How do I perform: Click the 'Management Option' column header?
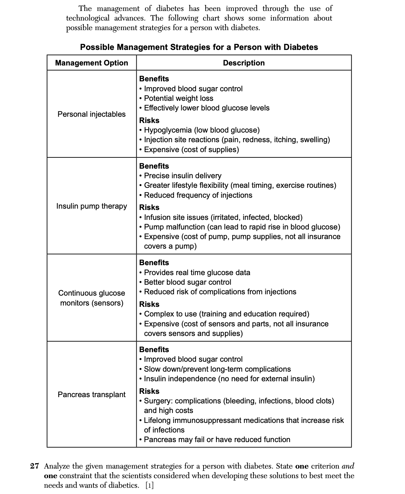(x=91, y=63)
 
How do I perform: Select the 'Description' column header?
(x=244, y=63)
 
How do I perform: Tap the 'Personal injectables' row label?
(x=91, y=114)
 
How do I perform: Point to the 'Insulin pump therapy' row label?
(x=91, y=206)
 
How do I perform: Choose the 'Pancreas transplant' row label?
(x=91, y=394)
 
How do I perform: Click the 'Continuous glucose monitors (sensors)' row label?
(x=91, y=298)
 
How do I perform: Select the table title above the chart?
(x=199, y=47)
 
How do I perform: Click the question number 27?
(x=35, y=466)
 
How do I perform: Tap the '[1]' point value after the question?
(x=150, y=485)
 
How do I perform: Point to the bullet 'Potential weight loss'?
(x=178, y=98)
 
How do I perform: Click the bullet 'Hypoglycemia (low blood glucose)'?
(x=202, y=130)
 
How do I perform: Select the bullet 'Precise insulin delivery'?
(x=182, y=176)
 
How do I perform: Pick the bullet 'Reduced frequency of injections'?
(x=198, y=195)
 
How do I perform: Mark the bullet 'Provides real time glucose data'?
(x=197, y=272)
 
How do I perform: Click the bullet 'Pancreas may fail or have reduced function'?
(x=217, y=439)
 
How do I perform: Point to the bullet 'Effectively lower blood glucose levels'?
(x=206, y=108)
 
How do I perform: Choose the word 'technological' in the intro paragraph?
(x=88, y=18)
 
